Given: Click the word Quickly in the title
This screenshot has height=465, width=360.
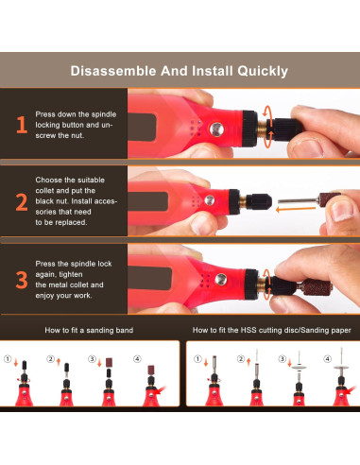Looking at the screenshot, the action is click(x=263, y=72).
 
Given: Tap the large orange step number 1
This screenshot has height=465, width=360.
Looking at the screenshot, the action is click(x=22, y=125).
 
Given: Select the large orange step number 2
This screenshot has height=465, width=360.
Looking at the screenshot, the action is click(x=22, y=202).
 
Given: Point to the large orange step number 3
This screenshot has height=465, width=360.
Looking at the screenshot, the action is click(x=22, y=280).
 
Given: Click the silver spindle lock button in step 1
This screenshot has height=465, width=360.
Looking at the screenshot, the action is click(x=216, y=129).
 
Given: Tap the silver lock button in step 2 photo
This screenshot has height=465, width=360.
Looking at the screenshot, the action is click(x=210, y=200).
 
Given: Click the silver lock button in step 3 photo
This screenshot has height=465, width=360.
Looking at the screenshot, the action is click(x=221, y=279).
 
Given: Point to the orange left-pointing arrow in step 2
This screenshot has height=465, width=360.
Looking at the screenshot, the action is click(x=296, y=209).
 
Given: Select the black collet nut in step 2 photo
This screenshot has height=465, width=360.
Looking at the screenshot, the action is click(x=259, y=202).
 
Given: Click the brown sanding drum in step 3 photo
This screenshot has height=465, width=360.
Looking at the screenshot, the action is click(x=317, y=287).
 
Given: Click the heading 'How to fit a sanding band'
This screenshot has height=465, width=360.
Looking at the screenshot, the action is click(x=89, y=330).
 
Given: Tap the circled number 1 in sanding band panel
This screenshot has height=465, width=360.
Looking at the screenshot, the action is click(x=8, y=359).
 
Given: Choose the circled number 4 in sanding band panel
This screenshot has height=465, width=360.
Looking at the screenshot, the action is click(x=137, y=359).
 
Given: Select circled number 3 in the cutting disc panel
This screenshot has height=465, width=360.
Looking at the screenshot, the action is click(x=283, y=359).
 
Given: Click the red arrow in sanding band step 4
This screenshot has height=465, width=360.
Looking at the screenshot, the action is click(x=162, y=390).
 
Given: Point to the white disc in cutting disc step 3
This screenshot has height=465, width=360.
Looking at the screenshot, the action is click(x=299, y=367).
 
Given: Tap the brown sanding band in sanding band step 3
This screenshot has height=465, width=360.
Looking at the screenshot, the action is click(x=109, y=362).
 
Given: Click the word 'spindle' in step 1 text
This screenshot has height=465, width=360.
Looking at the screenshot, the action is click(x=104, y=114).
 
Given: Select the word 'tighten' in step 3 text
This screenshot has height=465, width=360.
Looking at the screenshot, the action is click(x=70, y=274).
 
